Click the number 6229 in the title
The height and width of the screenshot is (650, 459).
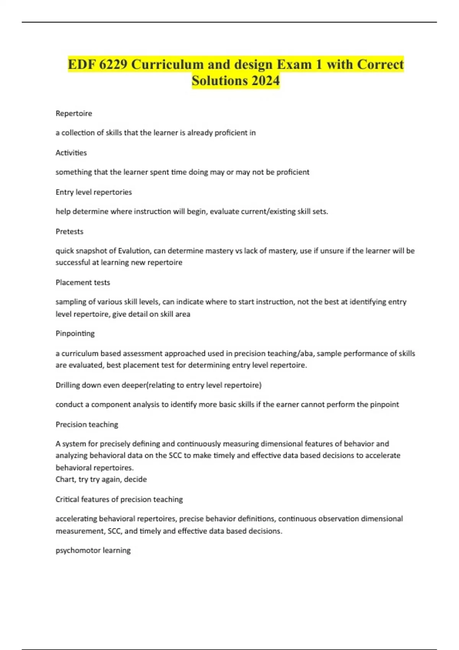pos(113,64)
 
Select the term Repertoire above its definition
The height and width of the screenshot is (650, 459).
pos(74,114)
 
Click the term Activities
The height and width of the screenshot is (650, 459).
pos(71,153)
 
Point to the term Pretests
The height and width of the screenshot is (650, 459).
pos(69,231)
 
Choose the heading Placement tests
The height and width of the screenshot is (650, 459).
pos(83,282)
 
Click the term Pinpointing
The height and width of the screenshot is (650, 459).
pos(75,333)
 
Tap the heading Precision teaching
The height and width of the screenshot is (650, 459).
pos(87,424)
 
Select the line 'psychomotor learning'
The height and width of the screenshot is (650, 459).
pos(93,550)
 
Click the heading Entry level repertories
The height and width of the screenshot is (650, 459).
pos(94,192)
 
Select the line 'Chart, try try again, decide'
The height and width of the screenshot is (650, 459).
pos(101,479)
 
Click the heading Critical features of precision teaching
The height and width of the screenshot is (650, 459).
pos(119,499)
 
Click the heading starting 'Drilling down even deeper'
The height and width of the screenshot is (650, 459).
pos(158,385)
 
